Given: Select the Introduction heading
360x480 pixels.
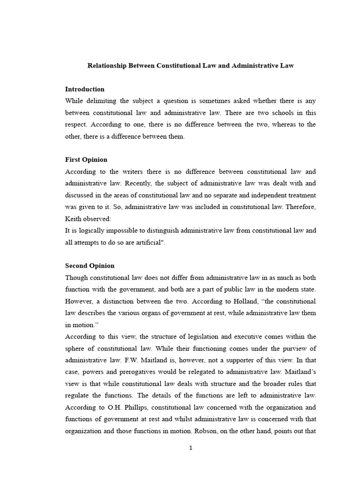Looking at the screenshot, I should (x=84, y=89).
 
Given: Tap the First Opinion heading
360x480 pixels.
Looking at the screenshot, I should (x=86, y=160).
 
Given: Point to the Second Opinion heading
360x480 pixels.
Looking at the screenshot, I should (x=90, y=266).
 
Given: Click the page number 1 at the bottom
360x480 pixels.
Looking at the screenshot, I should (x=191, y=448).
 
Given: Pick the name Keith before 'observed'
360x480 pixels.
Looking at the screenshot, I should (x=74, y=218).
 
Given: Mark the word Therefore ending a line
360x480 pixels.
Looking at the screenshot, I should (x=300, y=207).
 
